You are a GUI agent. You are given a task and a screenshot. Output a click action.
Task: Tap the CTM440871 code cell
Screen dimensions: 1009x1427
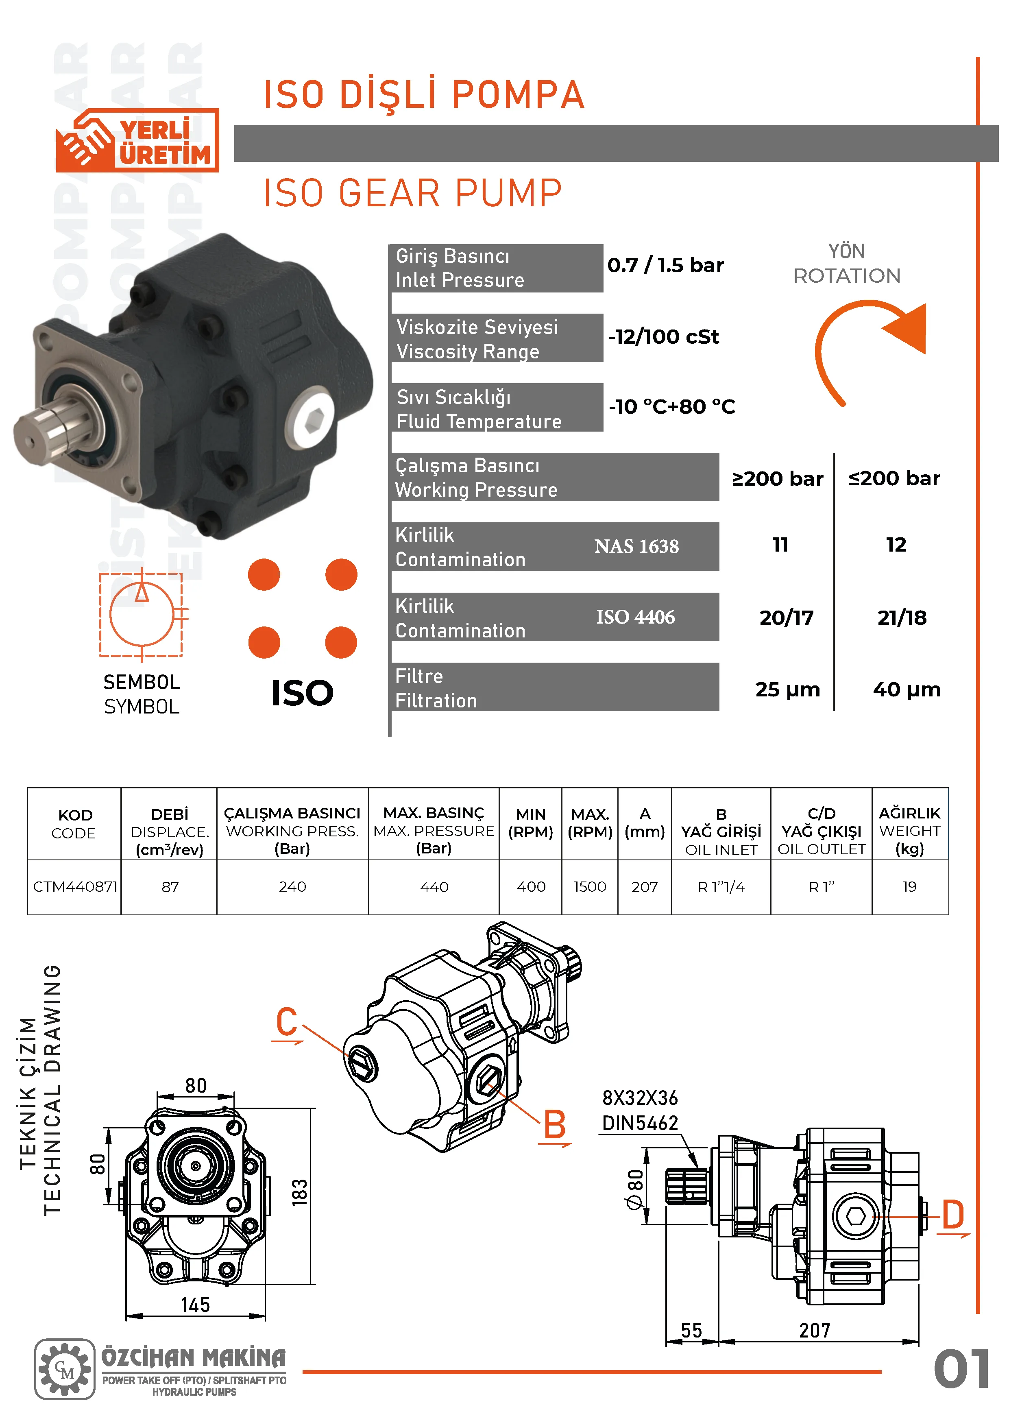point(74,887)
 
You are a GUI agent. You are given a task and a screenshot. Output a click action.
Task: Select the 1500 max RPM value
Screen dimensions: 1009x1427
point(590,887)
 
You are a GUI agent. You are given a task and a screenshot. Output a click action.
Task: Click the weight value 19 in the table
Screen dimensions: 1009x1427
point(910,887)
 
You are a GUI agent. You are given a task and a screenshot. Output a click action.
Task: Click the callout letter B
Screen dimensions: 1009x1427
point(555,1124)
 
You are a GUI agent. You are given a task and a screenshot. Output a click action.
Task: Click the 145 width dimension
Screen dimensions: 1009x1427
point(196,1305)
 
